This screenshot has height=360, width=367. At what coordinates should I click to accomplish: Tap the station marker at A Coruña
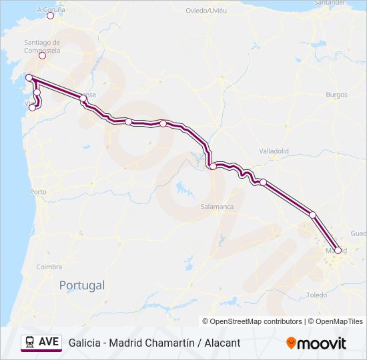(x=50, y=16)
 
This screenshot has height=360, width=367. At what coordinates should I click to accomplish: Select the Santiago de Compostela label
(x=41, y=46)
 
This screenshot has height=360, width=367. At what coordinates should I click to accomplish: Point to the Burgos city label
(x=336, y=95)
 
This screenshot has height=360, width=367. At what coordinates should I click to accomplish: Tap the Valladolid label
(x=274, y=151)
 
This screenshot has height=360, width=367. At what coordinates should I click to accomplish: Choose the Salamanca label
(x=217, y=207)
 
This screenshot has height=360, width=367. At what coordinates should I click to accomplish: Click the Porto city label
(x=38, y=192)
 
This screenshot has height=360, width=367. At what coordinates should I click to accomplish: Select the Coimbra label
(x=49, y=267)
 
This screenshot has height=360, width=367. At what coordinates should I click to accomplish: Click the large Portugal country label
(x=82, y=285)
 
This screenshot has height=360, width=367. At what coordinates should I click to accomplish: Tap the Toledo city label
(x=316, y=295)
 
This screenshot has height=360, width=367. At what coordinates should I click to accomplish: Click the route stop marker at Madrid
(x=338, y=250)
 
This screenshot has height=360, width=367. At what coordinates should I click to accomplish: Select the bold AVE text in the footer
(x=49, y=342)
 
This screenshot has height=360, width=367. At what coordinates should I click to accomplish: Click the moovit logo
(x=316, y=343)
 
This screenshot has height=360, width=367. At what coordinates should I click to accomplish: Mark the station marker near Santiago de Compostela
(x=42, y=55)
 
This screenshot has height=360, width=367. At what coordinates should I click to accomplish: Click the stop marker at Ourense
(x=83, y=98)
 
